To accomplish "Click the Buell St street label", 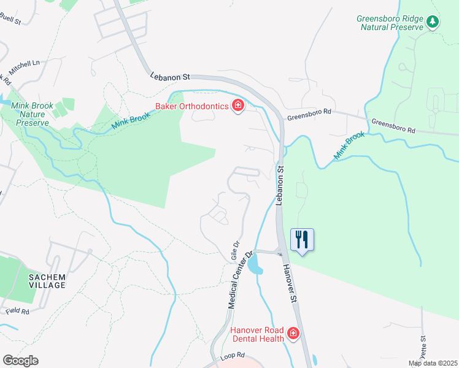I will tap(10, 21).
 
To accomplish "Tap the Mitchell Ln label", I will tap(25, 63).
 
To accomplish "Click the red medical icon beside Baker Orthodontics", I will tap(237, 107).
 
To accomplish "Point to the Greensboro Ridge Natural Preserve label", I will tap(390, 23).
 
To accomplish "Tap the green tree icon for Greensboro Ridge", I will tap(433, 22).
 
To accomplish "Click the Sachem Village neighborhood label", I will tap(47, 282).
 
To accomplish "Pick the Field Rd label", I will tap(18, 311).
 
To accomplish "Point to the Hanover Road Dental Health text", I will tap(257, 334).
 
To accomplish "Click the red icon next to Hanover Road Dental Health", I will tap(293, 334).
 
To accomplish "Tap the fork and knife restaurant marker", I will tap(301, 239).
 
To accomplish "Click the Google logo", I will tap(20, 361).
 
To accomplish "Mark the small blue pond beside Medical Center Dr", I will tap(253, 264).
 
